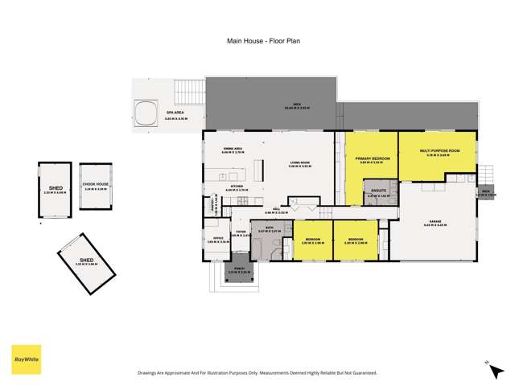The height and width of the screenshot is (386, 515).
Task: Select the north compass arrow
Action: click(x=487, y=363)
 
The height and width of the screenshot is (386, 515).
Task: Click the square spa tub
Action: click(x=146, y=113)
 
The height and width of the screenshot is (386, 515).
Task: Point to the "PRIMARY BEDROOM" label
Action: click(x=373, y=159)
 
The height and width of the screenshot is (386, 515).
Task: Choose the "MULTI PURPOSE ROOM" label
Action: click(x=439, y=151)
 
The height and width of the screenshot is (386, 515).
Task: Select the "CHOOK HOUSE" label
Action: click(x=96, y=184)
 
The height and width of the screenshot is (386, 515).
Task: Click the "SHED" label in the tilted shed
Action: click(x=86, y=261)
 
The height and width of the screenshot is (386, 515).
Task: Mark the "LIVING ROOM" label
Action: click(x=301, y=164)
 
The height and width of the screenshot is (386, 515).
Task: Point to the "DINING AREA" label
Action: click(x=234, y=149)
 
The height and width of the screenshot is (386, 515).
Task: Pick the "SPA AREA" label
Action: click(x=175, y=113)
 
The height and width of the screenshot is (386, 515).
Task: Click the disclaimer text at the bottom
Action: click(x=257, y=372)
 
